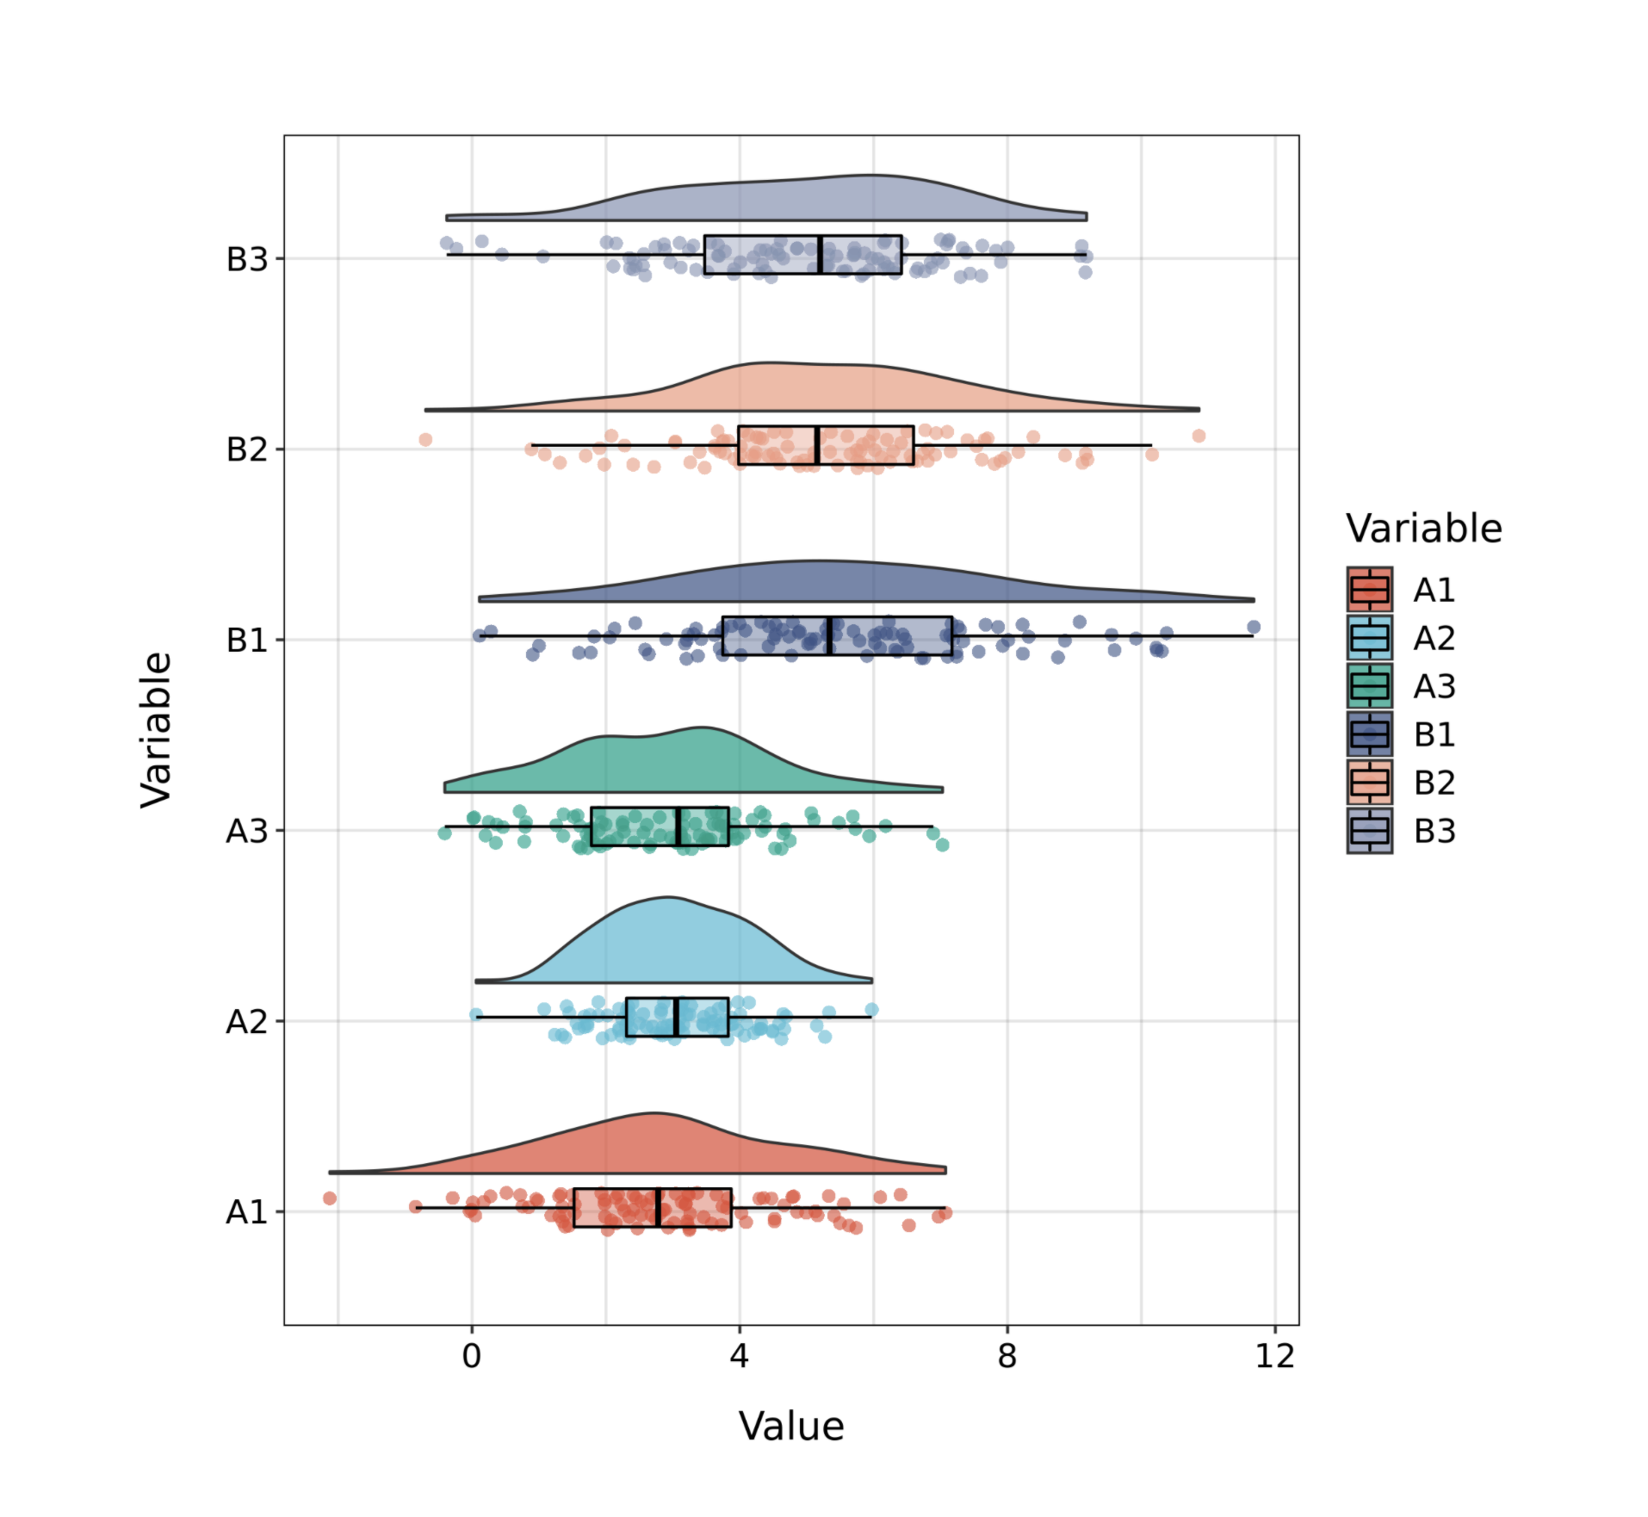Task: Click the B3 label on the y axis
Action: click(x=246, y=259)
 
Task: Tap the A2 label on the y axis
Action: click(x=246, y=1022)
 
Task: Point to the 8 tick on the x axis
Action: click(x=1007, y=1357)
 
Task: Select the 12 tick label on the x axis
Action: click(x=1274, y=1357)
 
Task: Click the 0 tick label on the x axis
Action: click(x=471, y=1357)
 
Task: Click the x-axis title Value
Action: click(x=790, y=1427)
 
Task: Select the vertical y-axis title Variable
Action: click(x=157, y=730)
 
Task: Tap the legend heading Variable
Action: click(x=1423, y=529)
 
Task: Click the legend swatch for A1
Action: click(x=1369, y=590)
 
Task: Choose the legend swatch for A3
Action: click(x=1369, y=686)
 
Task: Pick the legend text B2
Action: click(x=1434, y=783)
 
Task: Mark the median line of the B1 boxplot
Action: click(x=829, y=636)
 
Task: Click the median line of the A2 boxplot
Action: click(x=677, y=1017)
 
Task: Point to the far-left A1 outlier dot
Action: click(x=330, y=1198)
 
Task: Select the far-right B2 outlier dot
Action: click(x=1199, y=436)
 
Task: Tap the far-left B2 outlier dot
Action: click(x=425, y=440)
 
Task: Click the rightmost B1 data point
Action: click(x=1254, y=627)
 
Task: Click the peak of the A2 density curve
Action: click(x=667, y=898)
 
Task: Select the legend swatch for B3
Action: click(x=1369, y=831)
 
